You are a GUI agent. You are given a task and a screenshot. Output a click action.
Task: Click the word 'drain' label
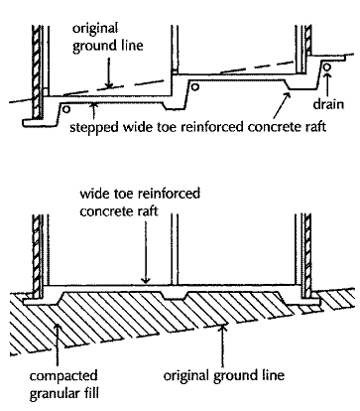click(x=328, y=103)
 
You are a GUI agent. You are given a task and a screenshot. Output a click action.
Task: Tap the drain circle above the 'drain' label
click(x=327, y=67)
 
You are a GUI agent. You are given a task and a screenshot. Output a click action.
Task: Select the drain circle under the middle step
click(x=195, y=87)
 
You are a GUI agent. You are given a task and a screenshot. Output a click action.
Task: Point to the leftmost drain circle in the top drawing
click(x=66, y=109)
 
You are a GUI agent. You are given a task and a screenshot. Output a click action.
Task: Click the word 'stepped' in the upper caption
click(x=94, y=127)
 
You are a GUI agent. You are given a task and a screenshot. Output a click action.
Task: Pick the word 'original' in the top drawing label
click(x=95, y=29)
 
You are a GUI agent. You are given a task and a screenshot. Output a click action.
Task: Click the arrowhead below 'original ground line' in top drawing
click(x=108, y=85)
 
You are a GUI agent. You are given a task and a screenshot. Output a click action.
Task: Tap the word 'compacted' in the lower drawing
click(x=63, y=376)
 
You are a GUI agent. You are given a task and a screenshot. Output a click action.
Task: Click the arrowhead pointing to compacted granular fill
click(x=58, y=328)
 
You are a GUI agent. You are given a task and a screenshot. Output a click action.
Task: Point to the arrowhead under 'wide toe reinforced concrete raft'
click(x=146, y=280)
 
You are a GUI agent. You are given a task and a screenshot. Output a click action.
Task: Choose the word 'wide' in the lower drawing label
click(x=93, y=193)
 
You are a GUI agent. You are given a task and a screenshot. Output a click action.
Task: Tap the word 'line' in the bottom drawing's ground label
click(x=272, y=375)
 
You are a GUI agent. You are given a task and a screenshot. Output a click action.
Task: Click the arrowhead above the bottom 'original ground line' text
click(x=223, y=329)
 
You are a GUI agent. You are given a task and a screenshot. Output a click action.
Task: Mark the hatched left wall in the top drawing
click(x=37, y=71)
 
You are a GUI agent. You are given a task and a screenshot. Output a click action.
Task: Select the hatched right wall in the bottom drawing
click(x=307, y=255)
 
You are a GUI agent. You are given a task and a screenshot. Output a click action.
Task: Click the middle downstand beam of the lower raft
click(x=176, y=295)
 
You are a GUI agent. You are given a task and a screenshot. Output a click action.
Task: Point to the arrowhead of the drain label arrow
click(x=327, y=75)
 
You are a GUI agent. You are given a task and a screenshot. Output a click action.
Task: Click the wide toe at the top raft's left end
click(x=40, y=122)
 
